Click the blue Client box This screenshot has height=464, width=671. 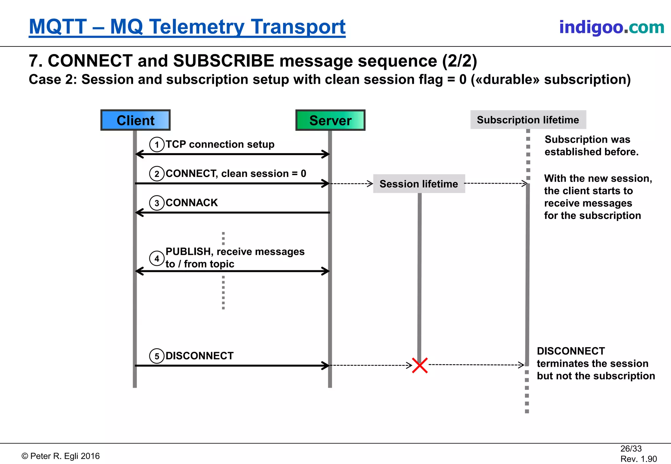(x=135, y=120)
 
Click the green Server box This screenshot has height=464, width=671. (x=330, y=120)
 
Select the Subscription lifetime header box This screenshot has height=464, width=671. (x=528, y=120)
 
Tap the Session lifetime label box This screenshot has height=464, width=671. (x=419, y=184)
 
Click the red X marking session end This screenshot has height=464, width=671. (x=420, y=365)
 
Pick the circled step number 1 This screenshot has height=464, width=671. (x=157, y=145)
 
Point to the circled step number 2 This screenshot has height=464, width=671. (x=157, y=174)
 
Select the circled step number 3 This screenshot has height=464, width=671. (x=157, y=203)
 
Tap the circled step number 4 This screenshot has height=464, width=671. (x=157, y=259)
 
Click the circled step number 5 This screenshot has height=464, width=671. (x=157, y=356)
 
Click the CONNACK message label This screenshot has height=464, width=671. (x=192, y=203)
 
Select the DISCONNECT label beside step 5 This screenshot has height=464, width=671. (x=200, y=356)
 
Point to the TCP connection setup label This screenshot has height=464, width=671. (x=220, y=144)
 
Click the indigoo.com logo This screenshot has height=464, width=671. (x=612, y=27)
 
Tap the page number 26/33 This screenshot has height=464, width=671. (x=631, y=449)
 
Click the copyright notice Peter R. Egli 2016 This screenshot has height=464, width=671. (x=61, y=456)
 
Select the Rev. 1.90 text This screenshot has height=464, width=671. (x=639, y=459)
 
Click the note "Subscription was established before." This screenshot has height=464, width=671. (x=591, y=146)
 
